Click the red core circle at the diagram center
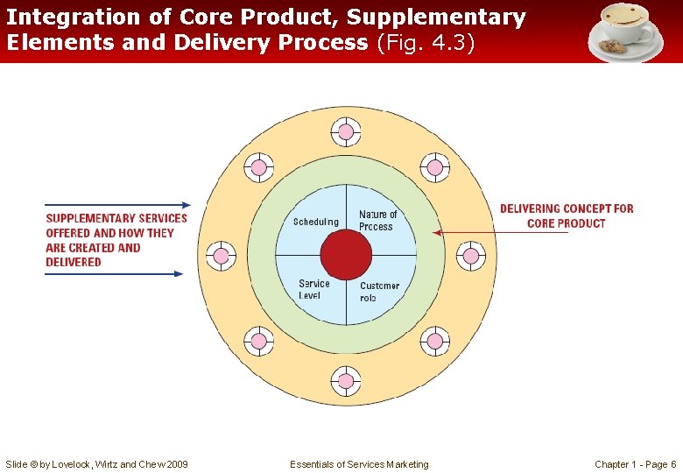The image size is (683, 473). [346, 256]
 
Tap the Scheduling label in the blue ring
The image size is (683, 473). [315, 222]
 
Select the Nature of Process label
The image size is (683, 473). [377, 220]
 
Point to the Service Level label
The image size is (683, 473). [313, 289]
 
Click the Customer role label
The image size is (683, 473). [379, 292]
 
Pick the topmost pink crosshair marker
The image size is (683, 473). [346, 132]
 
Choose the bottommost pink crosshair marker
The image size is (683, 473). [346, 381]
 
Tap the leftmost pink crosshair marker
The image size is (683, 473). [222, 256]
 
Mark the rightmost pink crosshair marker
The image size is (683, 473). [470, 256]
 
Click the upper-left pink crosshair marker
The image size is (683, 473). [258, 167]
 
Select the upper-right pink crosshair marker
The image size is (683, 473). [434, 167]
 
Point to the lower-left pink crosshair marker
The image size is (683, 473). [258, 341]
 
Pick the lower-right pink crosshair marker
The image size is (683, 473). [434, 341]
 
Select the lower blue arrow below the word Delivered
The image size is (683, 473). [114, 274]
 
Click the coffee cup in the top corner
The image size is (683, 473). [624, 30]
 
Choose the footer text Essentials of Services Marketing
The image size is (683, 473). [359, 464]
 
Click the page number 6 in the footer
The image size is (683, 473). [672, 464]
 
